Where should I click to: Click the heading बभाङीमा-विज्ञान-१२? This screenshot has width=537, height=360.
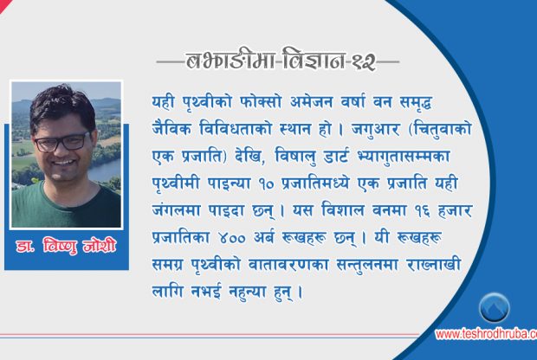(279, 61)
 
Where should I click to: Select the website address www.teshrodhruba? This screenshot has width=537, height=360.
(485, 334)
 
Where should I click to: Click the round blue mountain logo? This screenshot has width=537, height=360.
(495, 307)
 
